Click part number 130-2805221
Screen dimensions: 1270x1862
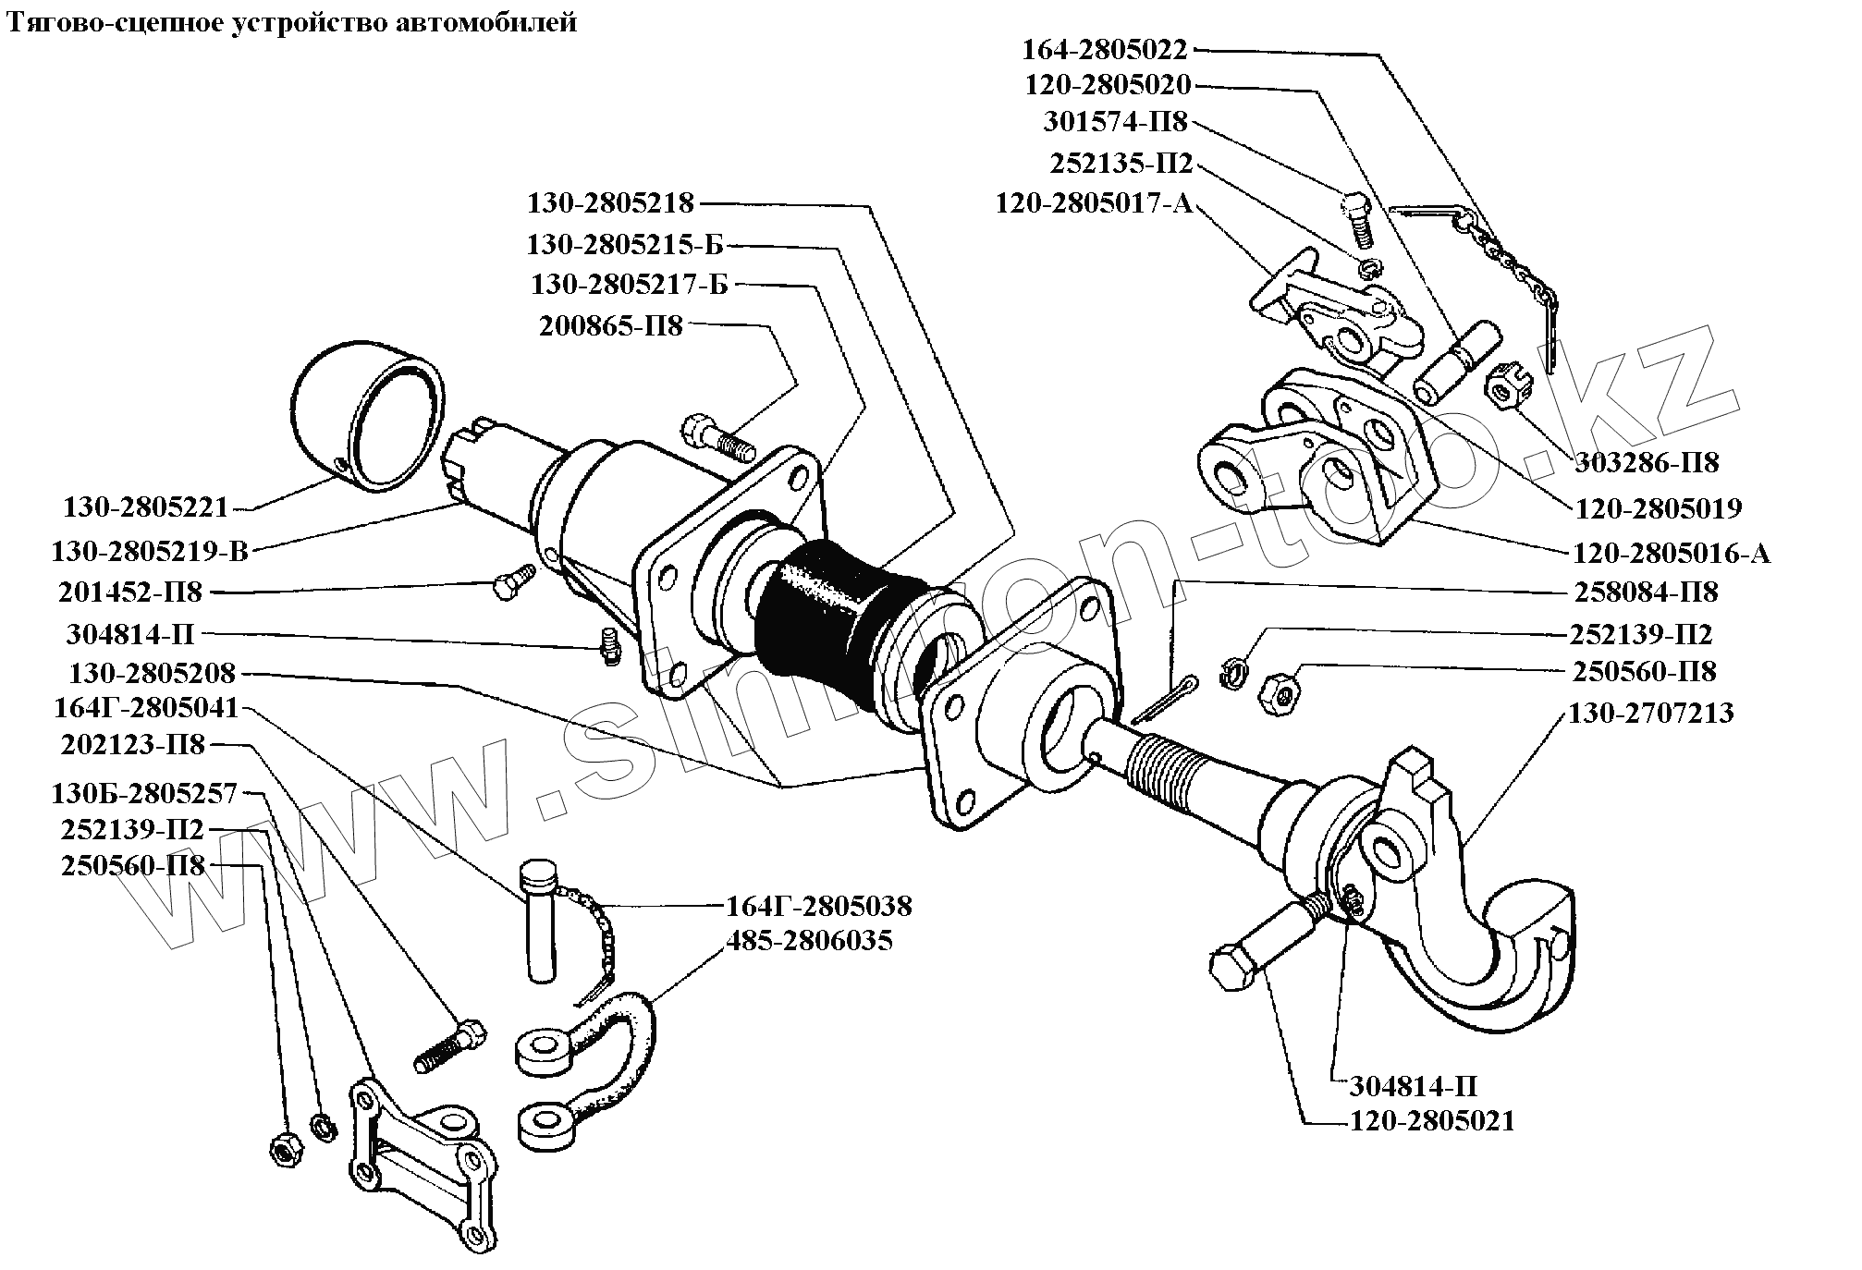tap(145, 507)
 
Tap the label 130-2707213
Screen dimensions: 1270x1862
tap(1651, 714)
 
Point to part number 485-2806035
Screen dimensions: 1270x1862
tap(810, 941)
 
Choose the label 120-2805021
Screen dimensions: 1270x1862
tap(1432, 1122)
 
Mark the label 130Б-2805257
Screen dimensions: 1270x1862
tap(145, 793)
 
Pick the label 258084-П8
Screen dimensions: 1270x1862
tap(1646, 592)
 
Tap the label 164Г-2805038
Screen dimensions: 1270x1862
tap(819, 906)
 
